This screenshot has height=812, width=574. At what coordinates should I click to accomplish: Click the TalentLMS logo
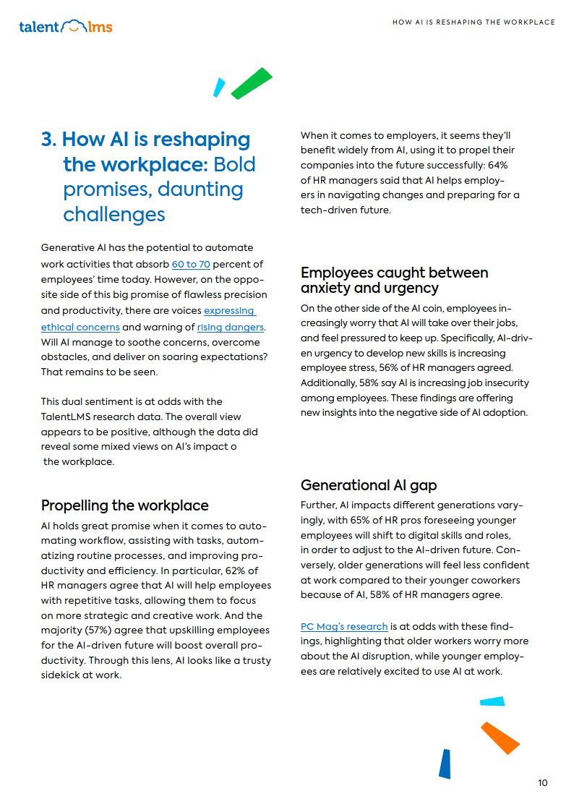coord(66,27)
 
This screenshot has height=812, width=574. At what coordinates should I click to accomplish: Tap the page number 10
coord(543,783)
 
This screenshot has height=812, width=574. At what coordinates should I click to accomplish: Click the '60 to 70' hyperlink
coord(191,264)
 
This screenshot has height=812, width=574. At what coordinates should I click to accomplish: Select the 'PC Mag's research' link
coord(344,626)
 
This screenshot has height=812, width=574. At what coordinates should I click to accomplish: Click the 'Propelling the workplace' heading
coord(124,505)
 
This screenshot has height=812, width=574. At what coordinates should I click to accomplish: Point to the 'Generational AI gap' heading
coord(369,484)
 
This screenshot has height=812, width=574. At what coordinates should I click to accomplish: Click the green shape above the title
coord(251,83)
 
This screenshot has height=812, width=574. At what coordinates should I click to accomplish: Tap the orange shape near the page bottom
coord(500,738)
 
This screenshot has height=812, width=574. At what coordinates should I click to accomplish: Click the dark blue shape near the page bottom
coord(445,764)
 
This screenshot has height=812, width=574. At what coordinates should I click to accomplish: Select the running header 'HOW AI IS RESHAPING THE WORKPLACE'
coord(474,22)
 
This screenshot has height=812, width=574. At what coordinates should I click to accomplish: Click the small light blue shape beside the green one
coord(219,87)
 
